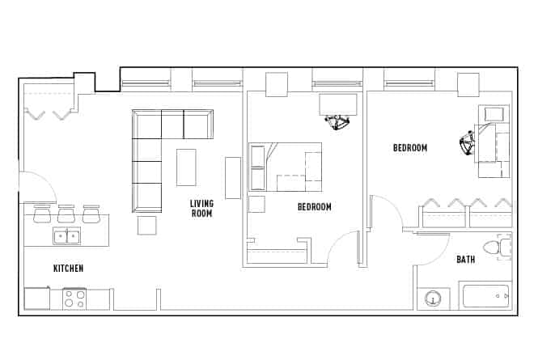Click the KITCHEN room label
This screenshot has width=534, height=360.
point(68,268)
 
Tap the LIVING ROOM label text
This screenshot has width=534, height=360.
point(201,208)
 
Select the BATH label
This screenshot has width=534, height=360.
point(465,260)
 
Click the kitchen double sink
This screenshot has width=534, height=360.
point(66,236)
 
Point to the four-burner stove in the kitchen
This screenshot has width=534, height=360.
point(74,299)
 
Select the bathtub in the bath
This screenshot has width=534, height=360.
point(485,295)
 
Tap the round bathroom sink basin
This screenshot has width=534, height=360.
point(434,300)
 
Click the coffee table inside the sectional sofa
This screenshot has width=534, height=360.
point(186,167)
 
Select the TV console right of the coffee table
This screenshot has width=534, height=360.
point(233,177)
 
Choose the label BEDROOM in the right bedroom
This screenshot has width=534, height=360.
point(410,147)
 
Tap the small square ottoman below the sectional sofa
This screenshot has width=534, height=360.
point(146,225)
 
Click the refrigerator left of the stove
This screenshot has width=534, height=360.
point(37,299)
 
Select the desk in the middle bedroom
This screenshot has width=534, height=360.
point(338,104)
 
